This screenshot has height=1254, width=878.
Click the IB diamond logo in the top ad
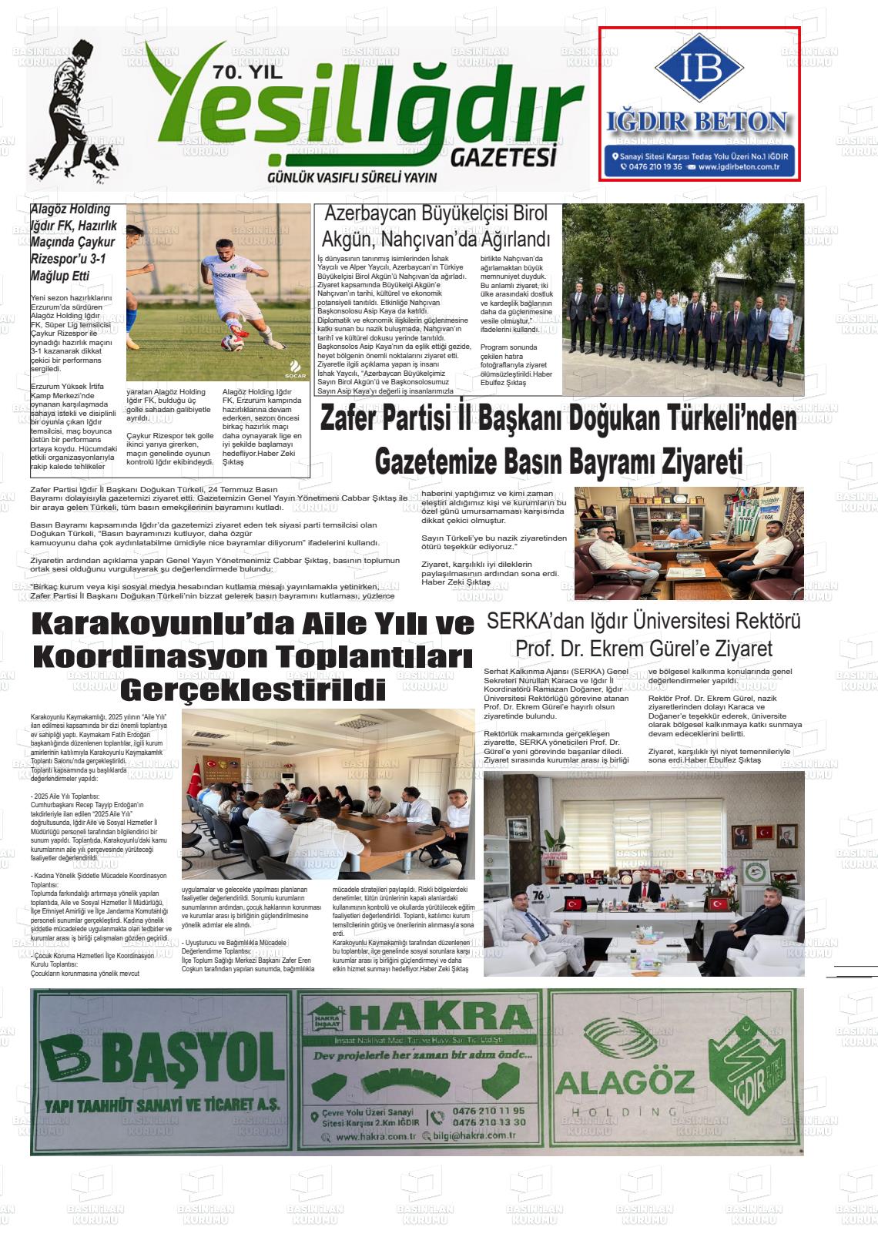coord(699,68)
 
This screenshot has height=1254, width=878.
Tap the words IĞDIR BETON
coord(699,122)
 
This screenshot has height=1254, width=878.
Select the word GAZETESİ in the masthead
coord(503,157)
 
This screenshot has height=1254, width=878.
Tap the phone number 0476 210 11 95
coord(489,1111)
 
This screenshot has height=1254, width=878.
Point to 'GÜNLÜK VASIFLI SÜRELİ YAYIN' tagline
coord(352,177)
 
